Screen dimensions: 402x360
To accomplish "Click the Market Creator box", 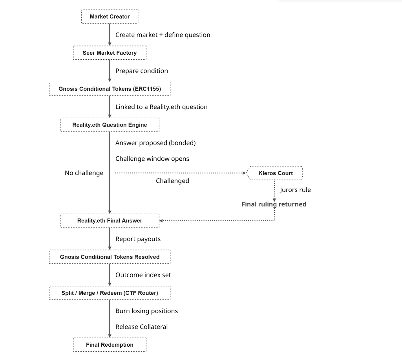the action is click(110, 17).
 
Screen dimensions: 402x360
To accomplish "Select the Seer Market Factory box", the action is click(110, 53).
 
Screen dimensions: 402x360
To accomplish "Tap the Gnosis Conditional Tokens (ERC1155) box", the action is click(110, 89).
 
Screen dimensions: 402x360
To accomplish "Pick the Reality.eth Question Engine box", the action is click(110, 125).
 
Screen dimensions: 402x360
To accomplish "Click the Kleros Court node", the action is click(274, 173).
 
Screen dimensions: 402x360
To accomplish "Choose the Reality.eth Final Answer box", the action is click(110, 220).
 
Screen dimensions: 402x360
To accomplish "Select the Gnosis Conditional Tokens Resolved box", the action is click(110, 257).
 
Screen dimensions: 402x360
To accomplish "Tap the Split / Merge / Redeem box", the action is click(110, 293).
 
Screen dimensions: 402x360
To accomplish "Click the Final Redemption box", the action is click(110, 345).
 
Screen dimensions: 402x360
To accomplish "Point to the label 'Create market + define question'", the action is click(163, 35).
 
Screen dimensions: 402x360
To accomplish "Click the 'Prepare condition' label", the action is click(141, 71).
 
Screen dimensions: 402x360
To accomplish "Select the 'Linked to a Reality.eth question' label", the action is click(161, 107).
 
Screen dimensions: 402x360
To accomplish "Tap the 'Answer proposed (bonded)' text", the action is click(155, 143).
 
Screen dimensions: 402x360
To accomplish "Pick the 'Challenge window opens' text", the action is click(152, 159).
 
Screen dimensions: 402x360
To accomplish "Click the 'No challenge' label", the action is click(84, 173).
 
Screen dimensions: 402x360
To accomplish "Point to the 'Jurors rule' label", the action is click(295, 190).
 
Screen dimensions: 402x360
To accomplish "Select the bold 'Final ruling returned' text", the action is click(274, 204).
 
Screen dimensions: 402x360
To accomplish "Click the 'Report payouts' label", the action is click(138, 239).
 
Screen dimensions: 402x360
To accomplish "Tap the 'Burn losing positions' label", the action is click(147, 311).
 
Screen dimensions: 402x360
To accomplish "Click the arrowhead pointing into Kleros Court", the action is click(244, 173).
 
